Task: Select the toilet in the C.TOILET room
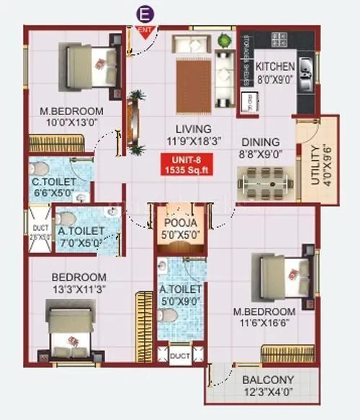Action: (42, 170)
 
